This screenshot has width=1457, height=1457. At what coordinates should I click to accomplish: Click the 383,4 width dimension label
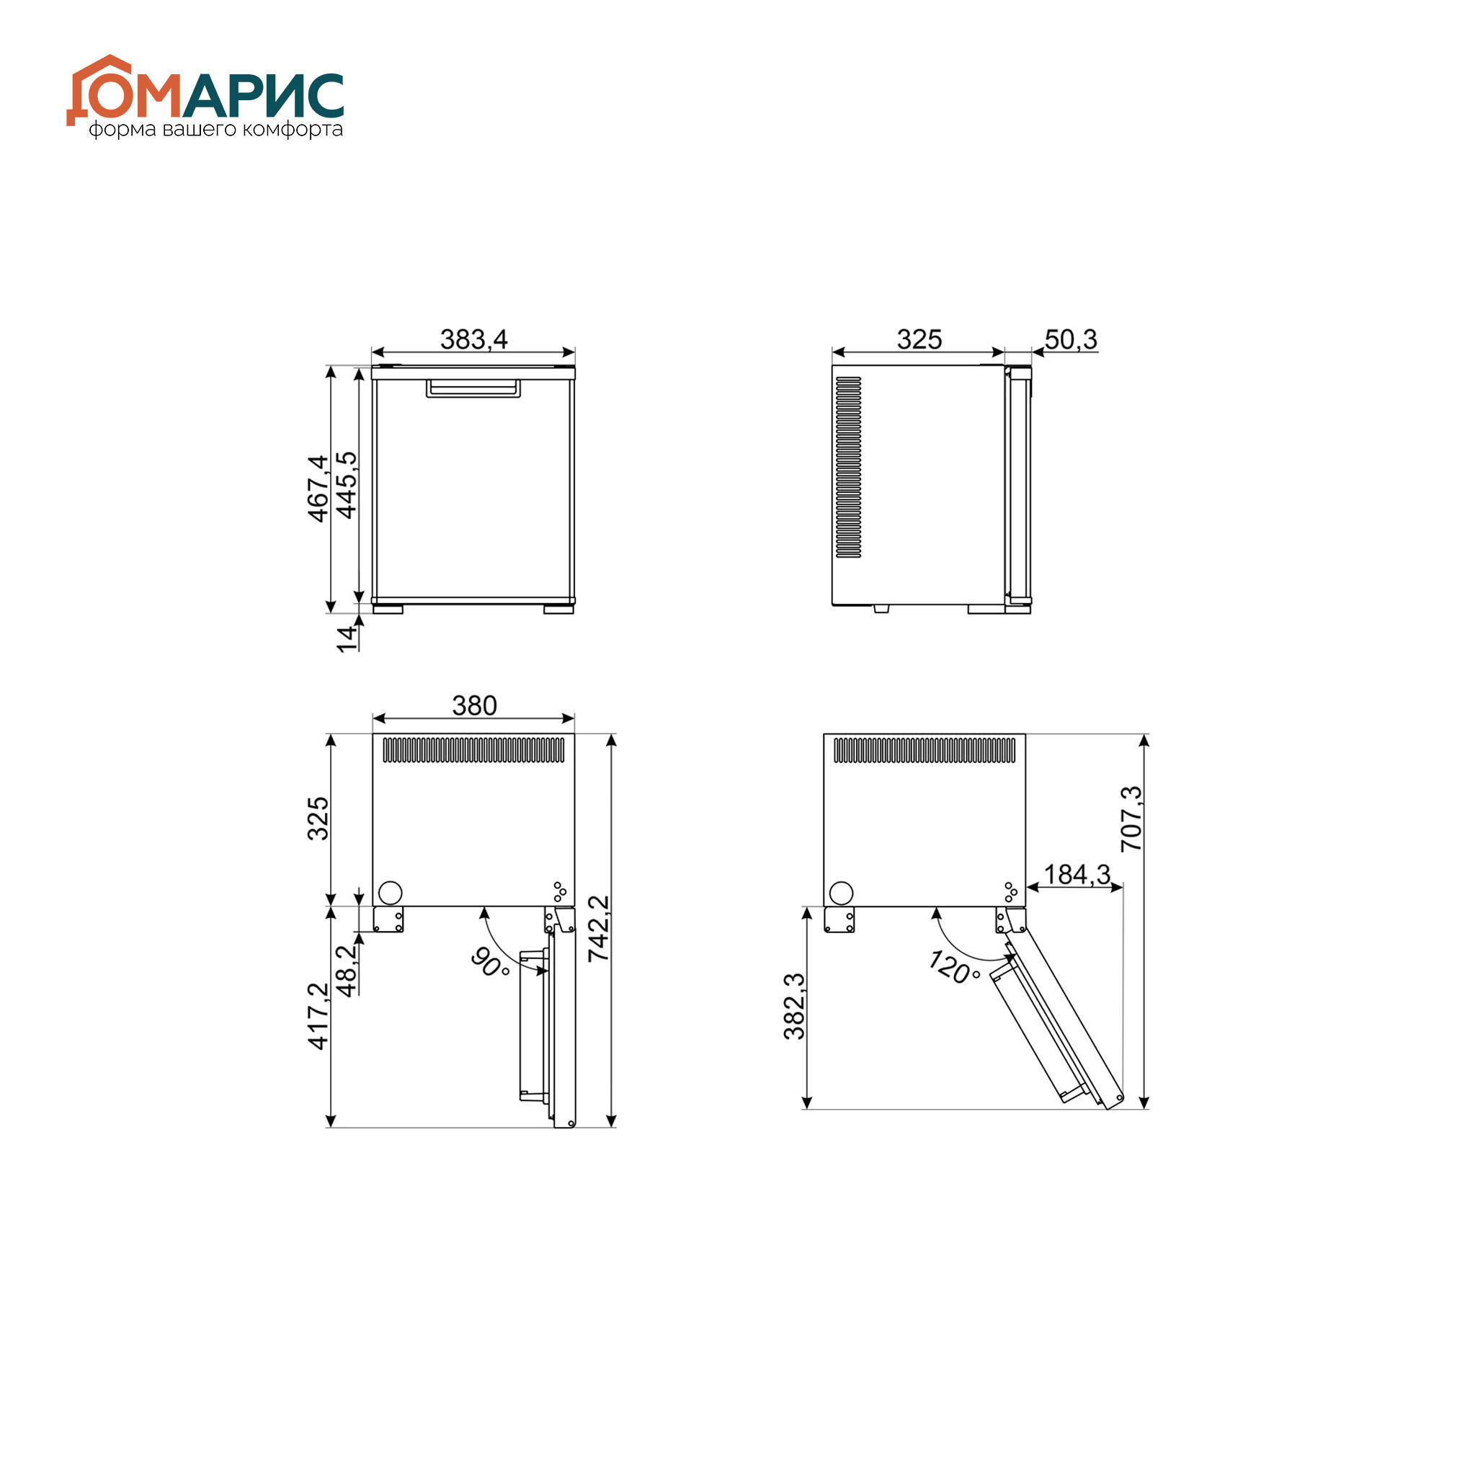(473, 339)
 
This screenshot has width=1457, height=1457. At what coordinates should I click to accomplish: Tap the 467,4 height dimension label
(318, 488)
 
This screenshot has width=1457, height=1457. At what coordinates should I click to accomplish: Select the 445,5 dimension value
(346, 485)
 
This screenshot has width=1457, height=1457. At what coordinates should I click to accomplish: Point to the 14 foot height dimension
(346, 638)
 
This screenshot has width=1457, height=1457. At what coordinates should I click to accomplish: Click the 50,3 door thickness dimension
(1071, 339)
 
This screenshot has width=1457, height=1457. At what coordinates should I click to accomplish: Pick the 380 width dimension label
(474, 705)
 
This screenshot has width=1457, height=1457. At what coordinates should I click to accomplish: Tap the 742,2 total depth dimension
(599, 928)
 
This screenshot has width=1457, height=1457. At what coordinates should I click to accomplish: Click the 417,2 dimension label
(318, 1016)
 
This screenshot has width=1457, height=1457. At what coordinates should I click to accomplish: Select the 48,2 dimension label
(346, 971)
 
